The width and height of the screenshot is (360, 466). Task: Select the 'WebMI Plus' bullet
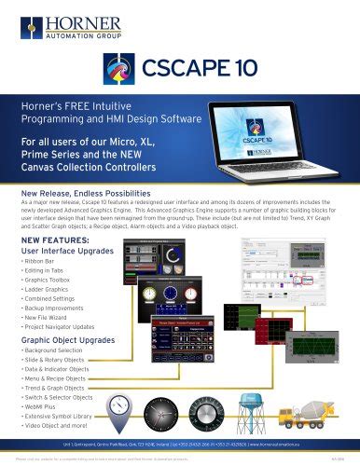(x=43, y=407)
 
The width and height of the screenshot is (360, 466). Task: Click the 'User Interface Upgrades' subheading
(x=69, y=250)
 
